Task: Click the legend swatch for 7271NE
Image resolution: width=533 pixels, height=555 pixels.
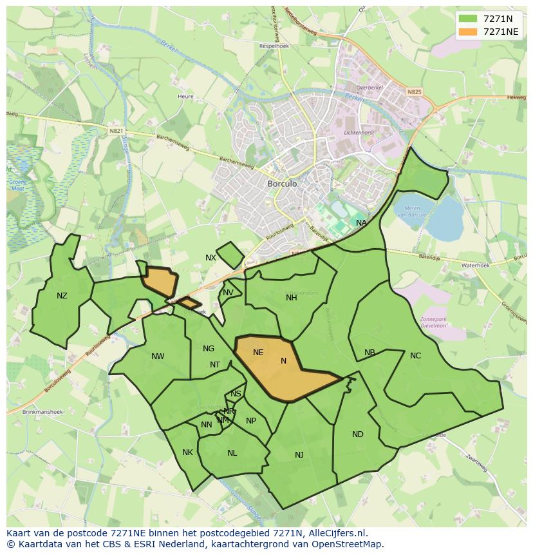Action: (x=468, y=32)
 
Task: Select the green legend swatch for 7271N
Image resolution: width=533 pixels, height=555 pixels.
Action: (x=468, y=19)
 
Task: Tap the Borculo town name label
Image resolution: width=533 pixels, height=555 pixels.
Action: (x=282, y=184)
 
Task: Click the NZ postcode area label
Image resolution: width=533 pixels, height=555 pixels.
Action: (x=62, y=296)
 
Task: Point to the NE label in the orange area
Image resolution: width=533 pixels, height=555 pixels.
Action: (x=258, y=353)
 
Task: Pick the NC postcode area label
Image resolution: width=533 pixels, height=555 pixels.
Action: (x=415, y=356)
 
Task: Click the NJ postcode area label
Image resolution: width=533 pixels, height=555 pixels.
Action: (x=299, y=455)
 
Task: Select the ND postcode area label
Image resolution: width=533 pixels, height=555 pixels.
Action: (x=358, y=434)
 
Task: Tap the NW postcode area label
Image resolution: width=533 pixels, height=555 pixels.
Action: (x=158, y=356)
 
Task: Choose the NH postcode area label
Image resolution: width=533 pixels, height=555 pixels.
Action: (x=292, y=298)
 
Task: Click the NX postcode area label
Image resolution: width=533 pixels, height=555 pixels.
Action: (x=210, y=258)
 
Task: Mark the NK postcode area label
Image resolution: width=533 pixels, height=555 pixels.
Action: (x=187, y=453)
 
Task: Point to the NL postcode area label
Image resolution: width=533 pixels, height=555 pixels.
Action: (x=232, y=453)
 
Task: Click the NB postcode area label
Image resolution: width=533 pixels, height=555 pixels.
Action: (x=369, y=353)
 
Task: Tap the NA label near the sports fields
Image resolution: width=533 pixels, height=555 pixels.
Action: (x=361, y=223)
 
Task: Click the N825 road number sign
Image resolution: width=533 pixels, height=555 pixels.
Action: (x=414, y=92)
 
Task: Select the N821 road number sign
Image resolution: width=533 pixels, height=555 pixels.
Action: (x=116, y=131)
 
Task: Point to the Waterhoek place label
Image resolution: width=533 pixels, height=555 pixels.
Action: (x=475, y=266)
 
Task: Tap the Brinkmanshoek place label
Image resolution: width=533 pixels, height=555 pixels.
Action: (x=41, y=411)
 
